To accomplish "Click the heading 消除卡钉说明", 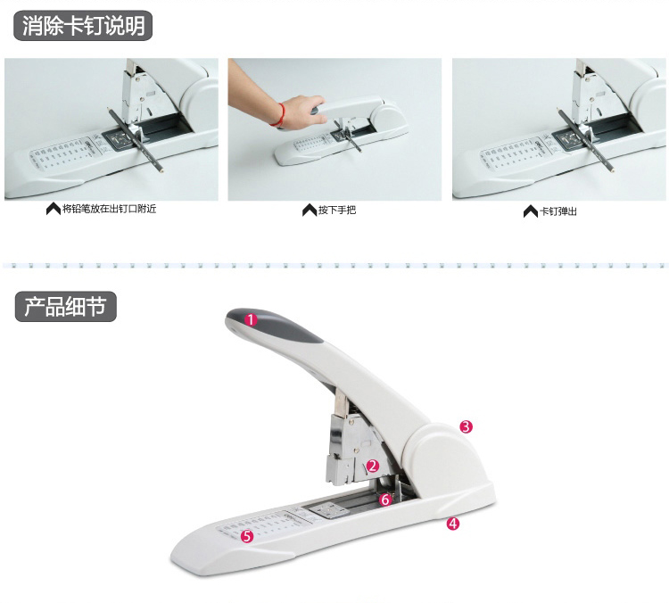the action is pyautogui.click(x=83, y=26).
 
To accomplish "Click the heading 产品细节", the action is pyautogui.click(x=65, y=307).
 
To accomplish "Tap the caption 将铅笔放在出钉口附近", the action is pyautogui.click(x=109, y=209).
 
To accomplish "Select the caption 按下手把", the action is pyautogui.click(x=336, y=210).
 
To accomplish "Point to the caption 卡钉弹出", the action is pyautogui.click(x=558, y=211).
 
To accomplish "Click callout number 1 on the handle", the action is pyautogui.click(x=252, y=319).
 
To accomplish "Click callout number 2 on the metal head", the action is pyautogui.click(x=373, y=466).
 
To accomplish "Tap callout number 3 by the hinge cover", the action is pyautogui.click(x=466, y=426).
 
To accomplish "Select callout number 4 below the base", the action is pyautogui.click(x=453, y=524).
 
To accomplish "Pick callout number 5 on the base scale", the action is pyautogui.click(x=247, y=536).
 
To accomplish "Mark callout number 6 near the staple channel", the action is pyautogui.click(x=385, y=499).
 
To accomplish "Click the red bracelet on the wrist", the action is pyautogui.click(x=280, y=115).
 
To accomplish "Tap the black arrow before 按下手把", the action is pyautogui.click(x=310, y=210).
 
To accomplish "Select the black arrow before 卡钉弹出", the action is pyautogui.click(x=531, y=211).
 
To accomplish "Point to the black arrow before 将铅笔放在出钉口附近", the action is pyautogui.click(x=54, y=209).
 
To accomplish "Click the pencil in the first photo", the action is pyautogui.click(x=136, y=139).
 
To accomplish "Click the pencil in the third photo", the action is pyautogui.click(x=585, y=139).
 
